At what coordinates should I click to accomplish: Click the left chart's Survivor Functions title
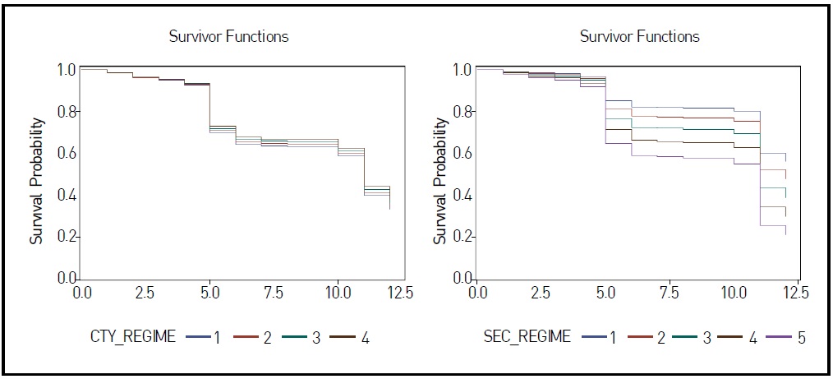pyautogui.click(x=228, y=36)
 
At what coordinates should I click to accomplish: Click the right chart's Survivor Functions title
pyautogui.click(x=639, y=36)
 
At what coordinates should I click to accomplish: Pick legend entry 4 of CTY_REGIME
pyautogui.click(x=354, y=337)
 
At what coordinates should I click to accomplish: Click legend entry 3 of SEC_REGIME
pyautogui.click(x=690, y=337)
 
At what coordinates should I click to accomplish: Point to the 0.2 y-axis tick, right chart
pyautogui.click(x=463, y=237)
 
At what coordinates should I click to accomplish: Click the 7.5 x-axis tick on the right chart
pyautogui.click(x=669, y=292)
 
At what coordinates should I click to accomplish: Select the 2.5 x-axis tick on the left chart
pyautogui.click(x=145, y=292)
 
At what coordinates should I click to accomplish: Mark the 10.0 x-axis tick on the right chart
pyautogui.click(x=733, y=292)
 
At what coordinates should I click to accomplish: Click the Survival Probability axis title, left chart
pyautogui.click(x=36, y=174)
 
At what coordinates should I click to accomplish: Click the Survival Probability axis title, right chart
pyautogui.click(x=440, y=174)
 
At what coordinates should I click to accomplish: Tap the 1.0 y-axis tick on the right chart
pyautogui.click(x=463, y=70)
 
